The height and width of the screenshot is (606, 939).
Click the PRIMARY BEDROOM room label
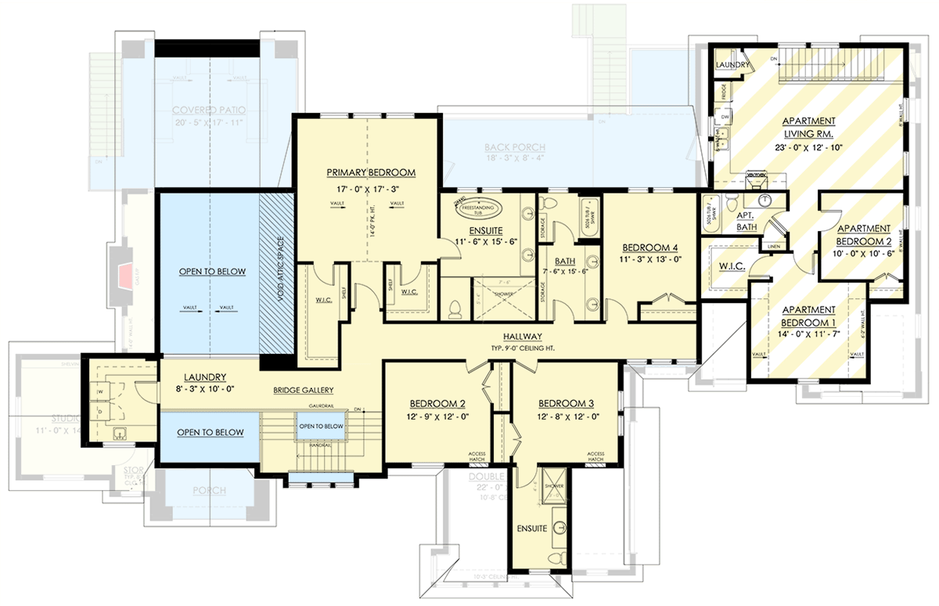pos(371,172)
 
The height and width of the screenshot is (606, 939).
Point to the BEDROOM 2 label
pos(438,404)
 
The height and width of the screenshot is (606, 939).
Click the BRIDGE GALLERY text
pos(304,390)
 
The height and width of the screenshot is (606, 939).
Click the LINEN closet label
pos(774,247)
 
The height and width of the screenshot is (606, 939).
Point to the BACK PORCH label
pos(515,147)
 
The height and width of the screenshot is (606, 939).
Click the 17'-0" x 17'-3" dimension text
pos(371,189)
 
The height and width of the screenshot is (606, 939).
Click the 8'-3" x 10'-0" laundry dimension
pos(199,388)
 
